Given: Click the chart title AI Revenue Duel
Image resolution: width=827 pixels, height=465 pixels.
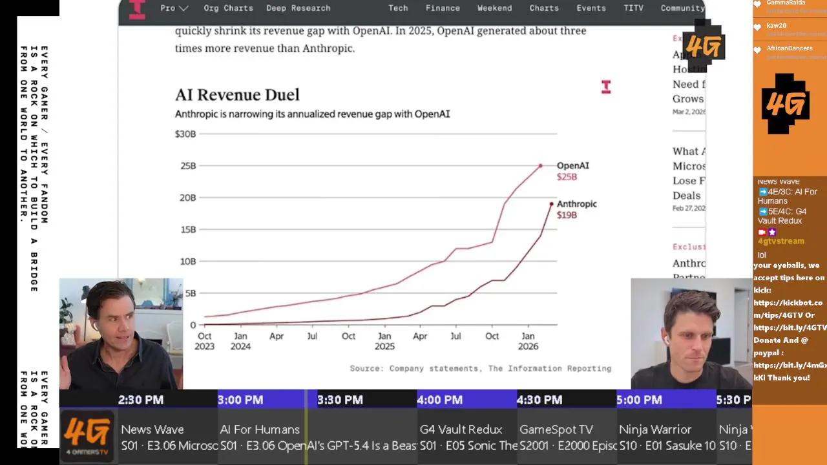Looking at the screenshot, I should (x=237, y=95).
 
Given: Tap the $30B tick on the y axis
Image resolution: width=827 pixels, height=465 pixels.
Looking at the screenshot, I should (x=185, y=134).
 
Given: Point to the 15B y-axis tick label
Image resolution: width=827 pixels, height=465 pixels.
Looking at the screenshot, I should (x=187, y=229).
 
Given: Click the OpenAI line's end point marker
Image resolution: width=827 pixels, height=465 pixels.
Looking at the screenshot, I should (x=541, y=166).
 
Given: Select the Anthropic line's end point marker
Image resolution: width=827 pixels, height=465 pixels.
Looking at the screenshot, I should (x=552, y=204).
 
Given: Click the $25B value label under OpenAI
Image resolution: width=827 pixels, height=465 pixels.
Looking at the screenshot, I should (x=567, y=177).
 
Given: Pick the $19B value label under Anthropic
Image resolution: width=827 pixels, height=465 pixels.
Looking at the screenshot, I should (x=567, y=215).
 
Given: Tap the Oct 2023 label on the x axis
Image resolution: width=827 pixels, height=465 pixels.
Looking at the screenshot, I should (x=204, y=341).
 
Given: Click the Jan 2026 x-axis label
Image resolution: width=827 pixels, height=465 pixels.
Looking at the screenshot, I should (x=528, y=341).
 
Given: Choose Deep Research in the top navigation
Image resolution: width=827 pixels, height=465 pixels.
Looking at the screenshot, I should (x=298, y=8).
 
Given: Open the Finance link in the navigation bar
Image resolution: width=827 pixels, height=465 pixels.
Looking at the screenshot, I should (x=443, y=8).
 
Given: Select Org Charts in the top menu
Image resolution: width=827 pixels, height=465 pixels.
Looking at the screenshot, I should (x=228, y=8).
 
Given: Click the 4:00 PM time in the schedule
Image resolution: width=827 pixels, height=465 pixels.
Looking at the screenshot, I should (x=439, y=400).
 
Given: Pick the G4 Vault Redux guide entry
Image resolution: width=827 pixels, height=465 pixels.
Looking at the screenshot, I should (x=461, y=429).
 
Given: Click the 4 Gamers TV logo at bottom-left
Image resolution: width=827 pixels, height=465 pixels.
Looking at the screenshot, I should (x=88, y=435).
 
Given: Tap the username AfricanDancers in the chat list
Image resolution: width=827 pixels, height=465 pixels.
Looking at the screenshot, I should (x=790, y=48).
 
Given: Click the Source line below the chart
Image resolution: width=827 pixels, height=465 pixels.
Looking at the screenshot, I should (x=480, y=368).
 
